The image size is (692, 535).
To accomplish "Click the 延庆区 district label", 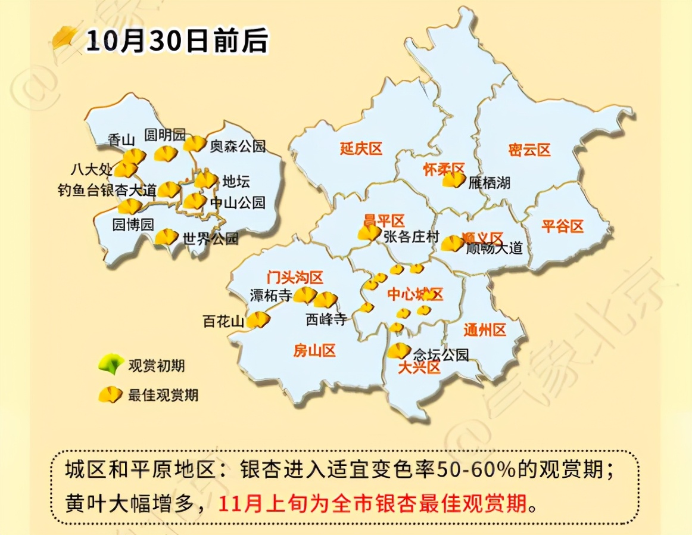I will tap(361, 149).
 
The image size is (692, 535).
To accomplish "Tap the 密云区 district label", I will tap(529, 150).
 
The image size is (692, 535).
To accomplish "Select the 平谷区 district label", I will tap(562, 226).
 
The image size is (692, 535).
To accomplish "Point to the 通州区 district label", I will tap(485, 329).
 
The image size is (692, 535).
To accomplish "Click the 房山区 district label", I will tap(314, 351).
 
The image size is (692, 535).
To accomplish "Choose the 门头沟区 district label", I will tap(295, 277).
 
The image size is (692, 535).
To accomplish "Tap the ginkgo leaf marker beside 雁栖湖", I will tap(454, 179).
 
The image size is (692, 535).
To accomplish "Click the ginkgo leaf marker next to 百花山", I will tap(258, 321).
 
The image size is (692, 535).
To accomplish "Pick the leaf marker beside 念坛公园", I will tap(398, 351).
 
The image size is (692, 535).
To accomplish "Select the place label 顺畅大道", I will tap(494, 248).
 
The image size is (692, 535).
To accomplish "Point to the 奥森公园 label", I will tap(237, 145).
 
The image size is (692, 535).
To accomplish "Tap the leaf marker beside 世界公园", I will tap(166, 238).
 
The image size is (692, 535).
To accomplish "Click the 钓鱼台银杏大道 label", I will tap(107, 191).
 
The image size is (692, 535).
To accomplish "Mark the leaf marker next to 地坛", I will tap(206, 180).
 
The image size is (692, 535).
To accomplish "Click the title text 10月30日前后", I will tap(177, 41).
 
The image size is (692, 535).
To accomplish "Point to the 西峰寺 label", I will tap(326, 319).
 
